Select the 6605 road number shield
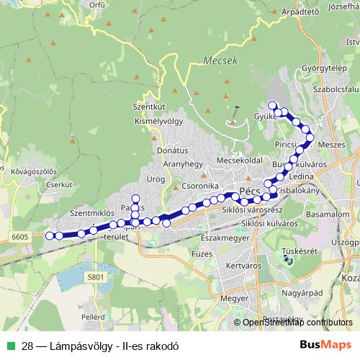coord(19,236)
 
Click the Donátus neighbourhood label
coord(172,151)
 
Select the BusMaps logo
coord(325,346)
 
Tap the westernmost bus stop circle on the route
coord(50,235)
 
